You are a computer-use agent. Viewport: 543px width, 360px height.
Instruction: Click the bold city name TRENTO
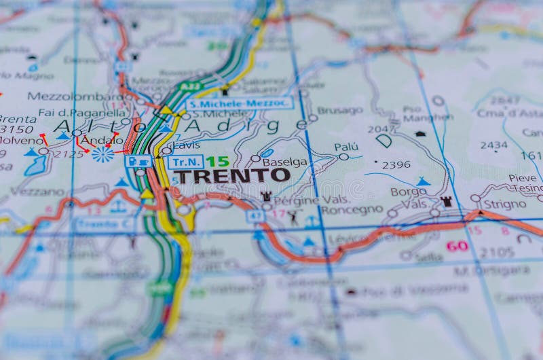231,175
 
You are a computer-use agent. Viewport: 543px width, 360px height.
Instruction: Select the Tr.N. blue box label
185,162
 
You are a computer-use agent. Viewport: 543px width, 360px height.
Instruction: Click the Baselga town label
284,162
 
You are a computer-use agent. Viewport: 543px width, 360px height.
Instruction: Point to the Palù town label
346,147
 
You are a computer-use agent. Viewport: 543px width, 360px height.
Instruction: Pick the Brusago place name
340,110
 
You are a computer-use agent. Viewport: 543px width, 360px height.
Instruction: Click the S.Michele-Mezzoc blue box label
240,103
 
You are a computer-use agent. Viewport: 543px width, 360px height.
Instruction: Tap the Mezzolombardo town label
75,96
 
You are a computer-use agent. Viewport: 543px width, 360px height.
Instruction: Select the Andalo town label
102,141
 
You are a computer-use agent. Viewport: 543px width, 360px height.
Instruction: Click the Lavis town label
186,145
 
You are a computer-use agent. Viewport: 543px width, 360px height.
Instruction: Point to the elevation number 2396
396,164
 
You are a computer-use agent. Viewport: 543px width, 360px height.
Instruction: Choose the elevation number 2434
493,145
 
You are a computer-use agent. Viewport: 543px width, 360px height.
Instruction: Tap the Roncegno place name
352,210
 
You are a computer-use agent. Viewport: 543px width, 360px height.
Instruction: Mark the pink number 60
457,245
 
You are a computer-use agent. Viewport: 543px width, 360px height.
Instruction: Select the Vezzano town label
37,192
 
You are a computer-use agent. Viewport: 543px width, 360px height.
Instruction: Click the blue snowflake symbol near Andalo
102,154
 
